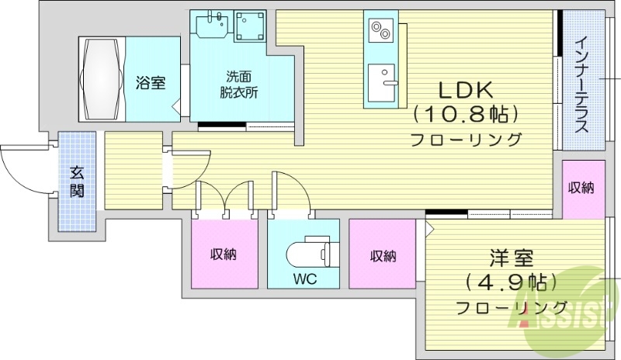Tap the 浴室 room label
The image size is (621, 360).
(x=151, y=82)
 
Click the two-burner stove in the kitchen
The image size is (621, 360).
(x=380, y=31)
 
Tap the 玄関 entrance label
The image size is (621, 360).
(x=77, y=181)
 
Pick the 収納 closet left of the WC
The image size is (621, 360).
(x=223, y=254)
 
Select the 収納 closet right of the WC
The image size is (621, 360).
(x=383, y=254)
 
